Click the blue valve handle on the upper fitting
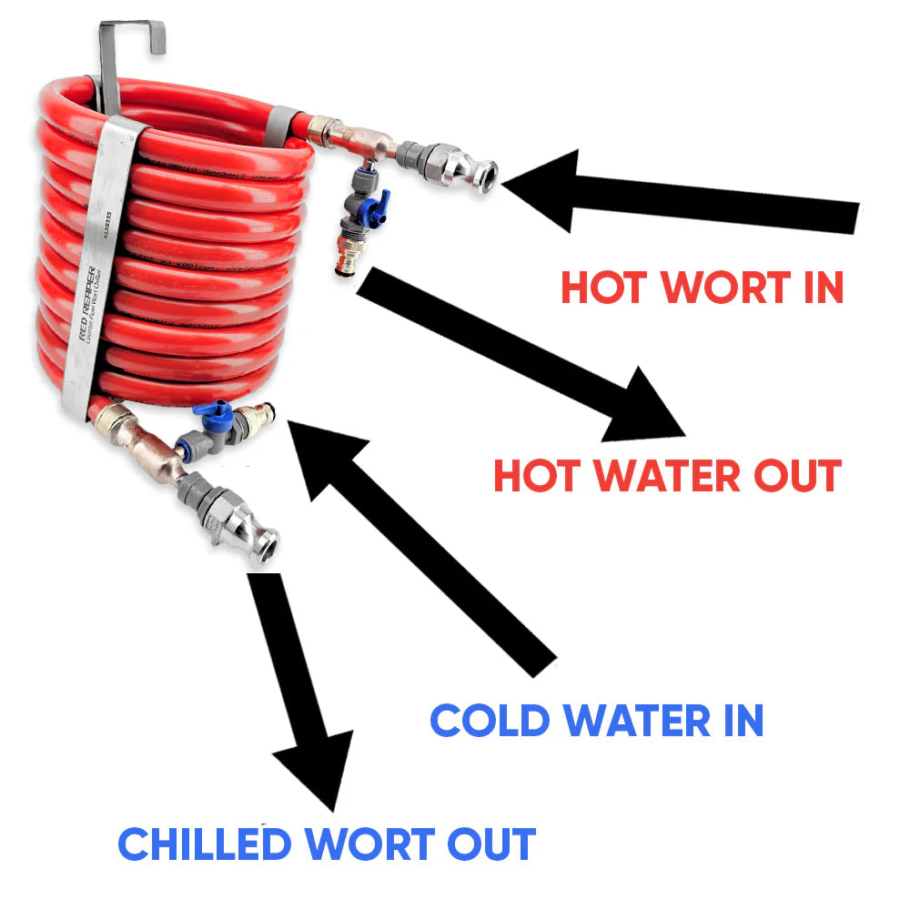coord(375,201)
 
